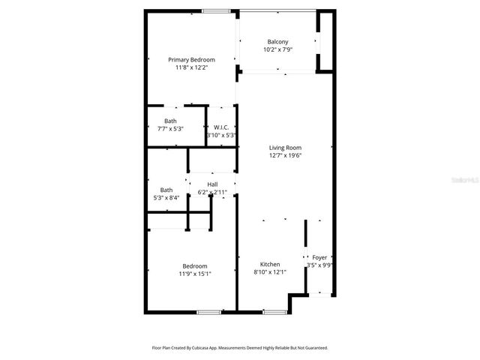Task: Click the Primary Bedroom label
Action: click(191, 60)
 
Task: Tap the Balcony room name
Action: click(277, 42)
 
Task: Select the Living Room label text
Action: click(285, 148)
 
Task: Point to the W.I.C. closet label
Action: click(221, 127)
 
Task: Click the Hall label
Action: click(212, 184)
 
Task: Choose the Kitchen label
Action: click(270, 265)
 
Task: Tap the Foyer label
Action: click(319, 257)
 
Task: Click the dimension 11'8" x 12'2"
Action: click(191, 67)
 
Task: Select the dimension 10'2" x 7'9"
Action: click(277, 49)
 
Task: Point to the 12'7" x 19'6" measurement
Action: click(285, 156)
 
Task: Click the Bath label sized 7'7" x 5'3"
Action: click(171, 121)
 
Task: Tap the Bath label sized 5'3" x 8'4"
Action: click(166, 190)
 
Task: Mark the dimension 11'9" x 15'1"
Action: click(195, 274)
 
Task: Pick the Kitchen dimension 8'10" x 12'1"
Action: click(270, 273)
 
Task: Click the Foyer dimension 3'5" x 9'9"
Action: click(320, 265)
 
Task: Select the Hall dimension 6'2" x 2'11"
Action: click(212, 192)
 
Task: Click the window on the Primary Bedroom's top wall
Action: click(216, 10)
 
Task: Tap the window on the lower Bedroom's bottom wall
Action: click(208, 311)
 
